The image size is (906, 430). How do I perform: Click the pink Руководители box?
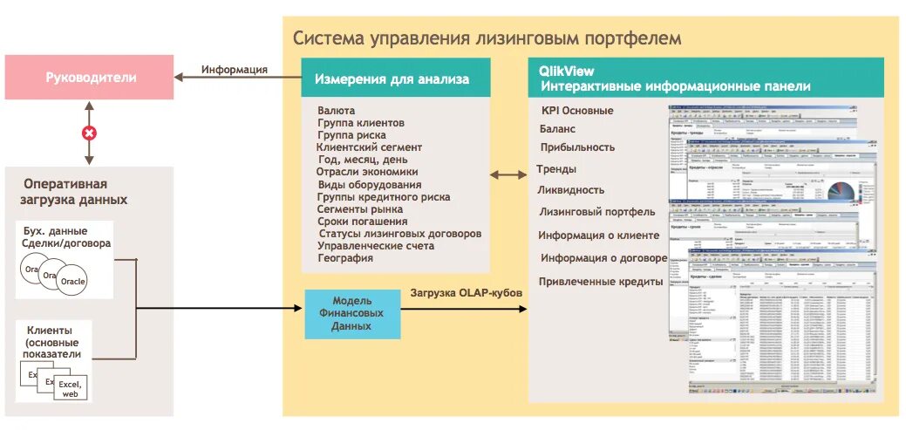91,78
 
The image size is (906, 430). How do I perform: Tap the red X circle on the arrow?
89,133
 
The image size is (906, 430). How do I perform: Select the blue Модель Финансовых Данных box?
352,313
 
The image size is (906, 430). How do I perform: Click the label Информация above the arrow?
234,70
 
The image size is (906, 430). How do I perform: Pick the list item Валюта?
336,111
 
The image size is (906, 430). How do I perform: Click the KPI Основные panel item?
576,111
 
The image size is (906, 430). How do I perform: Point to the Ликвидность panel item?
570,190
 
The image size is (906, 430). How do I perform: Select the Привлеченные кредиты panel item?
601,281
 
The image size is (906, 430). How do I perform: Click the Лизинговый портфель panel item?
596,212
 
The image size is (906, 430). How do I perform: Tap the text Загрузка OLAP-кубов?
467,293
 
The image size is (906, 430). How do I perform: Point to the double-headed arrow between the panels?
507,175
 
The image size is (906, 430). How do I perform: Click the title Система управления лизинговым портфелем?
487,38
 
